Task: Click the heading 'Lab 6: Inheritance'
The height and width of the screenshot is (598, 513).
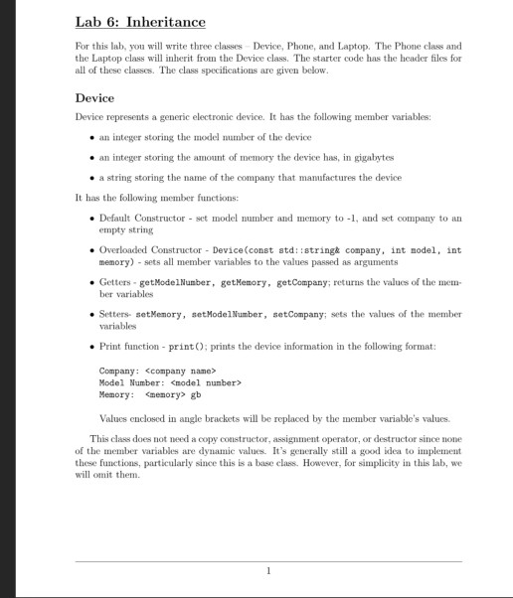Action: (140, 21)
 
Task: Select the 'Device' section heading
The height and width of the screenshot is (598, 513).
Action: (94, 98)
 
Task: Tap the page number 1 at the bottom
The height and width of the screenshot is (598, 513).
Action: (268, 570)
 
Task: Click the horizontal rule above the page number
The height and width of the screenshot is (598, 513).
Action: (268, 560)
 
